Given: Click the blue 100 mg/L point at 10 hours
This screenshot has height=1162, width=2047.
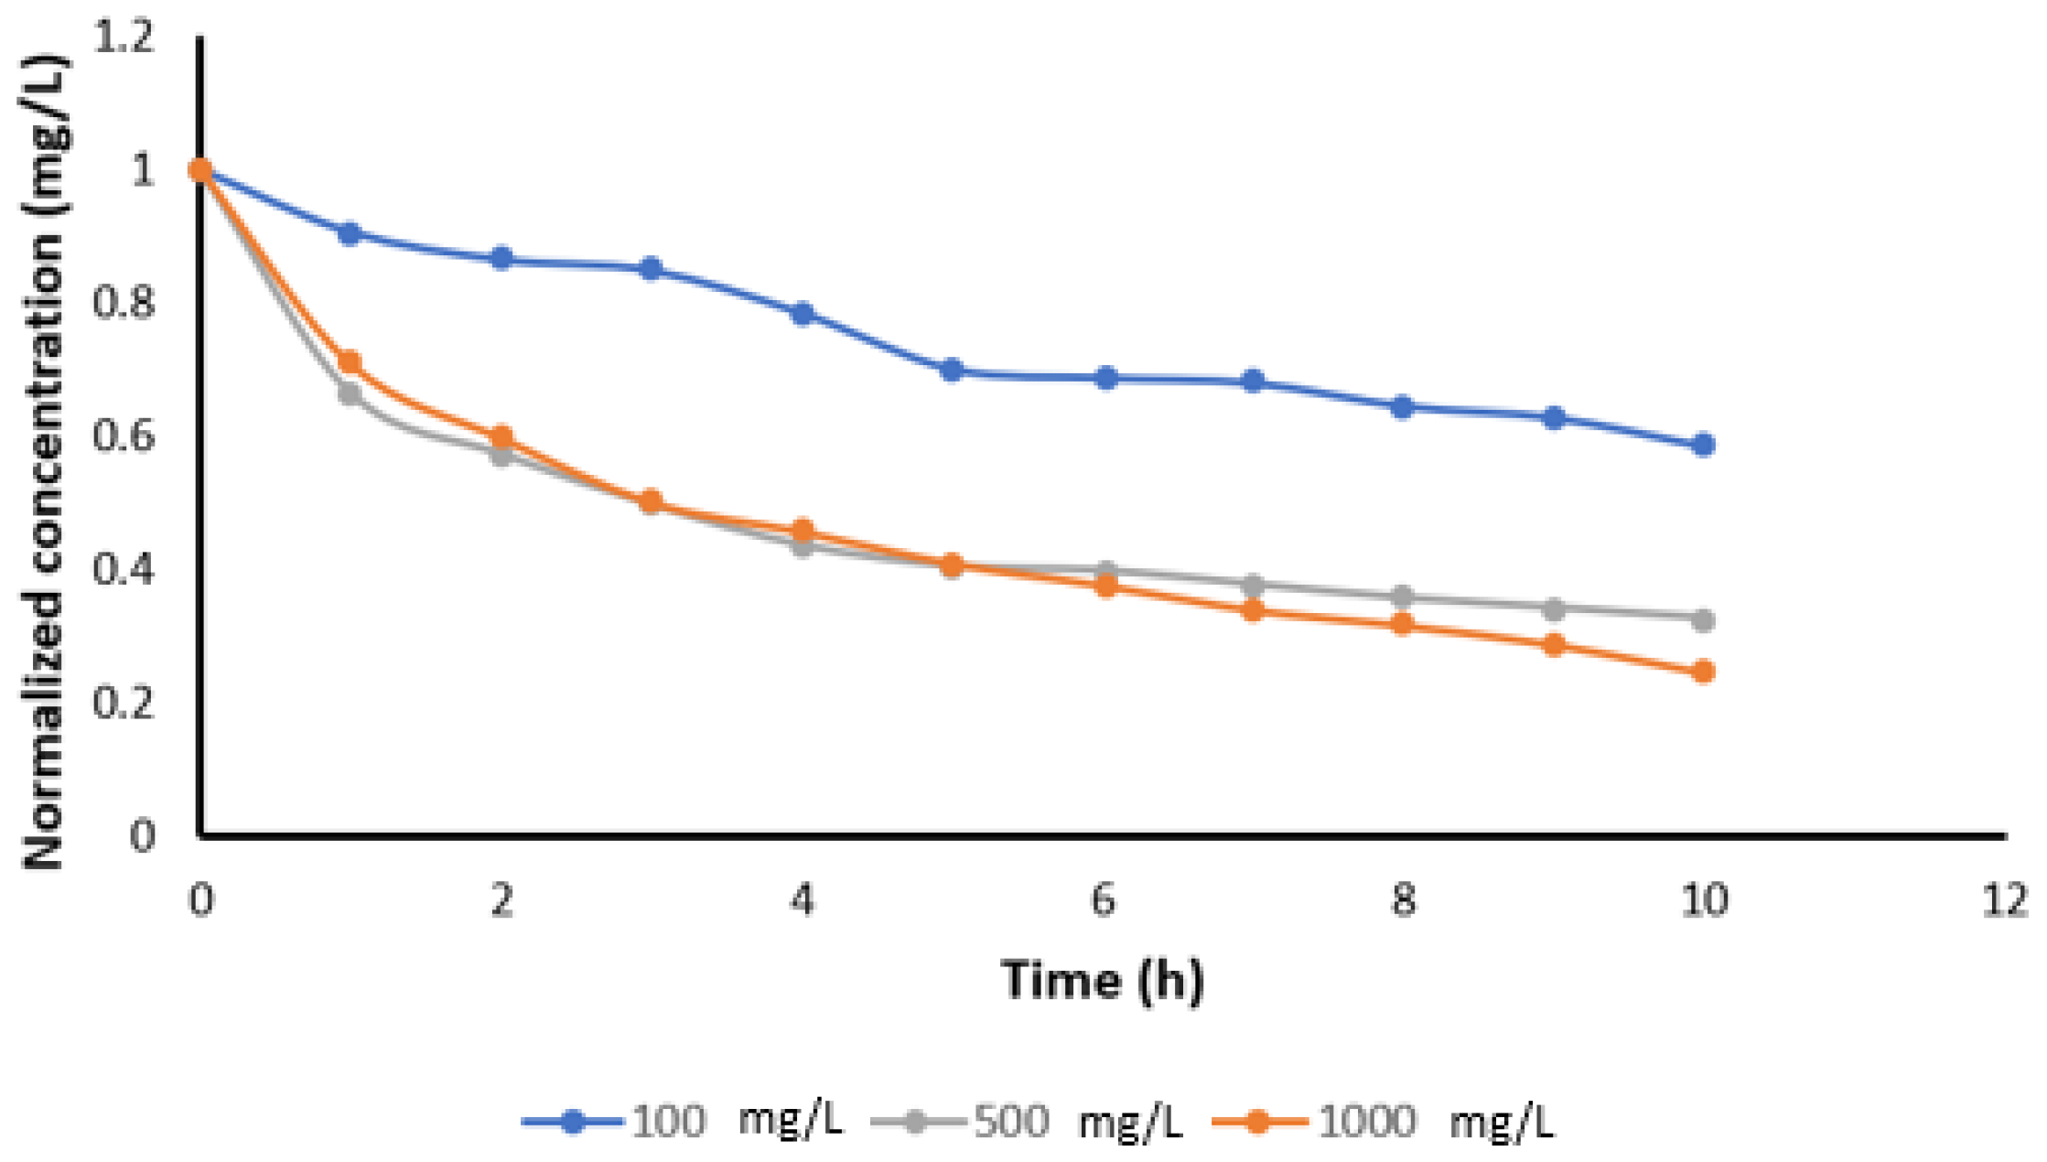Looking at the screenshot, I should [1703, 446].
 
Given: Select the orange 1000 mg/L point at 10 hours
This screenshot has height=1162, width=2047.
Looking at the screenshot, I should [1703, 672].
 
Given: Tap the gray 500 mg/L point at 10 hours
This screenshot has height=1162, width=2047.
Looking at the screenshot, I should [1703, 620].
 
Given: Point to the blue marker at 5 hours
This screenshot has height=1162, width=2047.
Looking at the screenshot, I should [952, 371].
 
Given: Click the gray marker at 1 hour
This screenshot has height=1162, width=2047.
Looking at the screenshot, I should [350, 394].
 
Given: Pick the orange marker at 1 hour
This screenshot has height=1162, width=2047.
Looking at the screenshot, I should [350, 362].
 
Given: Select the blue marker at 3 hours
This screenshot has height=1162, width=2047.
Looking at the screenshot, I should [651, 269].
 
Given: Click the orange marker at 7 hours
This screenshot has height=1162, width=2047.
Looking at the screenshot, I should [1253, 610].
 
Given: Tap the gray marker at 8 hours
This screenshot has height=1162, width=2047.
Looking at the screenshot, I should [1402, 597].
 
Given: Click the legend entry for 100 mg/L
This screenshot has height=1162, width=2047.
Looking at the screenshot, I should [682, 1121].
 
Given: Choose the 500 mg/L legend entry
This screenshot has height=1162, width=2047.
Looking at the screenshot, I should [1027, 1121].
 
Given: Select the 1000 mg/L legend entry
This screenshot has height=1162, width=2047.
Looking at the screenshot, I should [1382, 1121].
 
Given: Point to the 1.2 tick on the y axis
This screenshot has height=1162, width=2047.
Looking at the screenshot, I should [125, 38].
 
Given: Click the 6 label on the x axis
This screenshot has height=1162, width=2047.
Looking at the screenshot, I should [1103, 901].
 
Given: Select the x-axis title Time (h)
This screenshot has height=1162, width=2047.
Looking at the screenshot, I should [1103, 981].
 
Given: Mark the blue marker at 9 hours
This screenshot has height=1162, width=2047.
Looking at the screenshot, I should [1553, 418].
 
